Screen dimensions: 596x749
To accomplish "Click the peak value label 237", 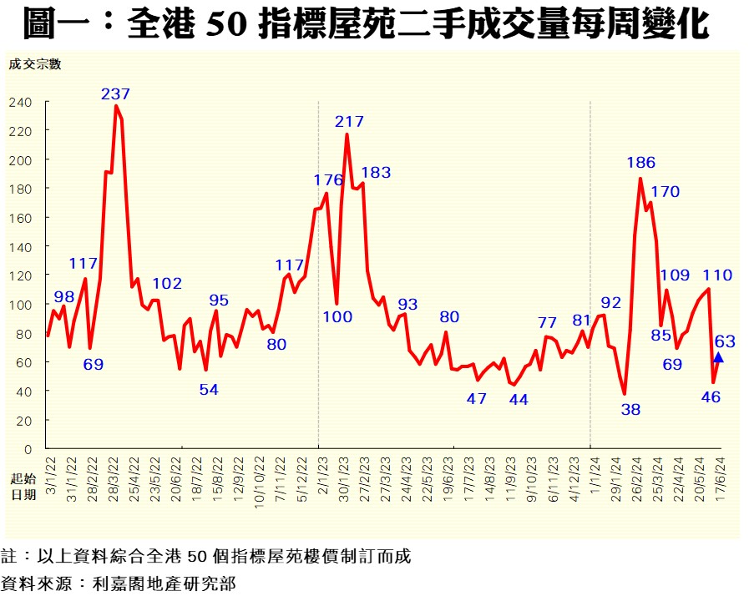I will coord(115,93).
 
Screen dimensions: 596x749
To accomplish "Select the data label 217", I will coord(350,122).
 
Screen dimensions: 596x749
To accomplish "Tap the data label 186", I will coord(640,163).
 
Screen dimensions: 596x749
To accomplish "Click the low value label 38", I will coord(631,409).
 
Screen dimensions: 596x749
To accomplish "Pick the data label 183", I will coord(376,173).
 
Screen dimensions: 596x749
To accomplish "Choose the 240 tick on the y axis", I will coord(21,102).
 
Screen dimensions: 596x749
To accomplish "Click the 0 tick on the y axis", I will coord(28,449).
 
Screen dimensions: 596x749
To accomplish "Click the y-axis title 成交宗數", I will coord(35,63).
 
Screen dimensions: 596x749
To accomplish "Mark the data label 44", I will coord(518,399).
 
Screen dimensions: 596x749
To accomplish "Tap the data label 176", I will coord(328,179).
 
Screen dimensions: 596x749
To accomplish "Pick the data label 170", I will coord(665,191).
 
